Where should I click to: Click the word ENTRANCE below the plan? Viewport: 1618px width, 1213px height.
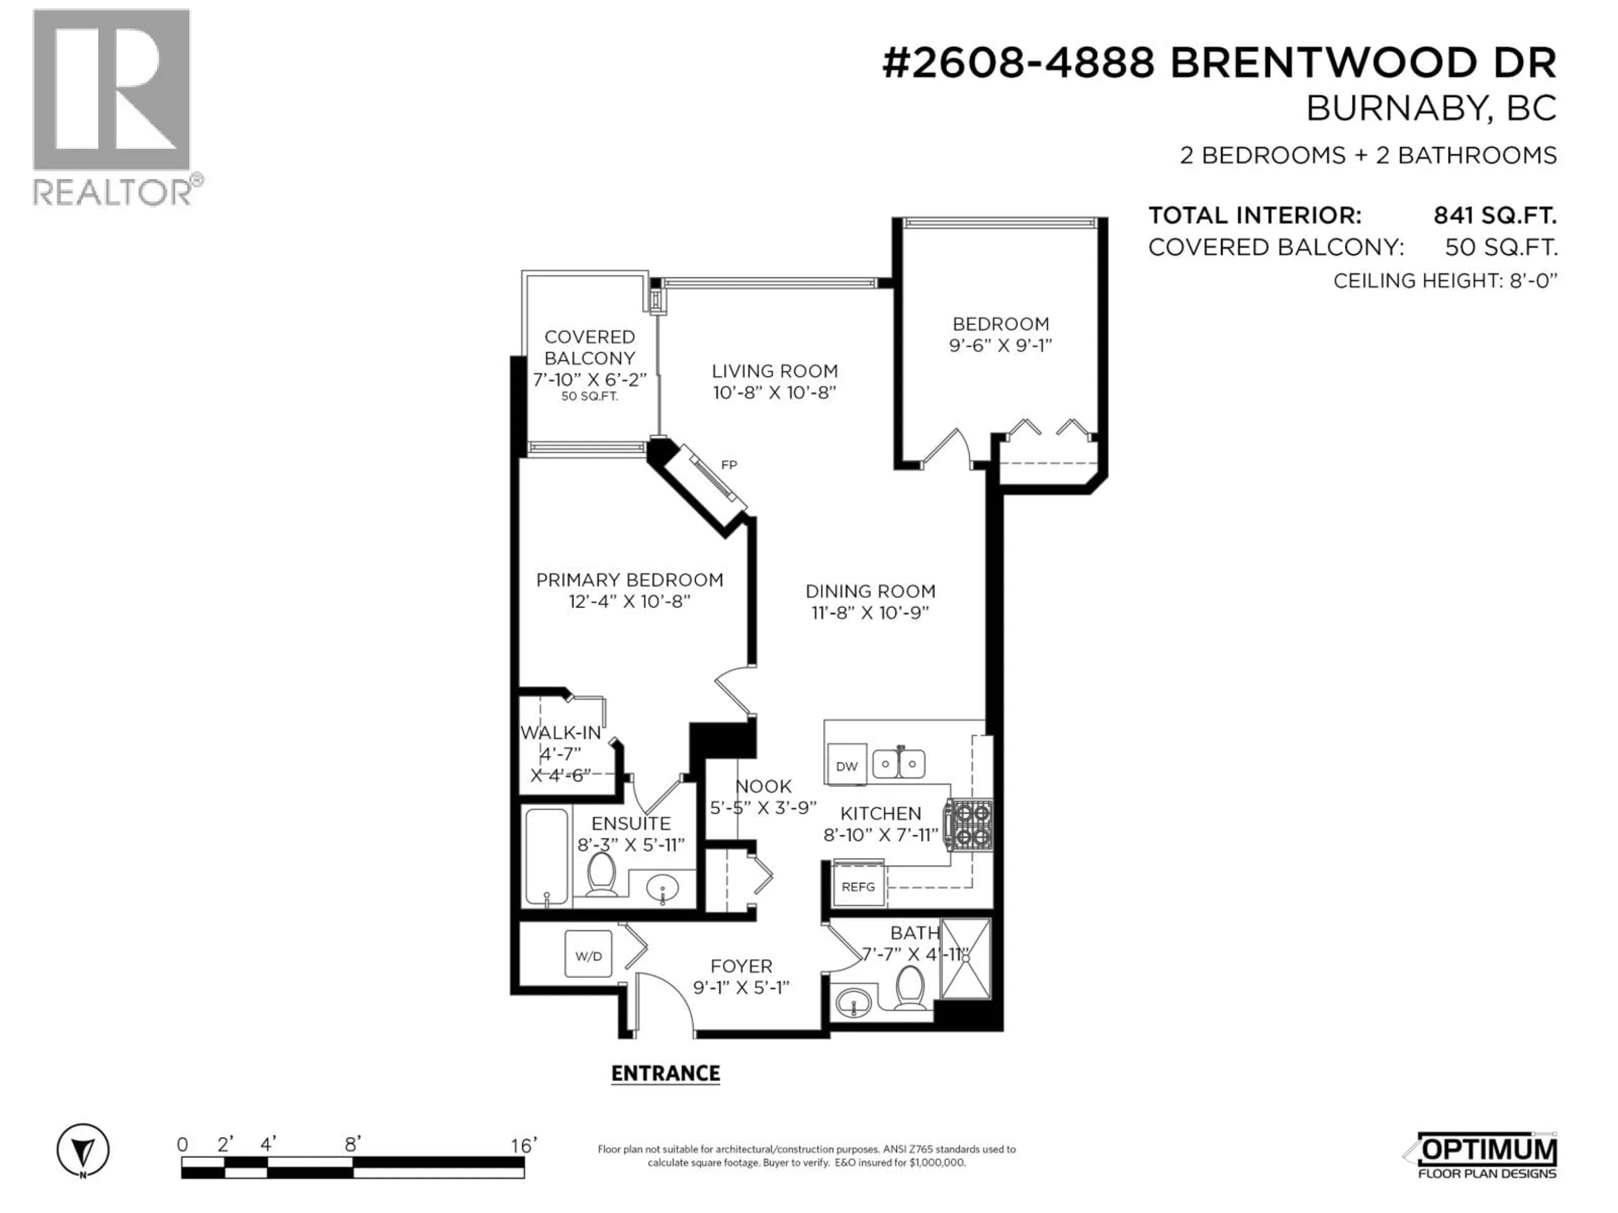[666, 1073]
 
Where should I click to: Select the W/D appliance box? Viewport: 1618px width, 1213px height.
[589, 956]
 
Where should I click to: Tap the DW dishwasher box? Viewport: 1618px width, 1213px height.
[847, 766]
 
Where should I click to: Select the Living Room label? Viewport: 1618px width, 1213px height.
[774, 371]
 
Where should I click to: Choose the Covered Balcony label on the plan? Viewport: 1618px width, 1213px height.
[589, 347]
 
